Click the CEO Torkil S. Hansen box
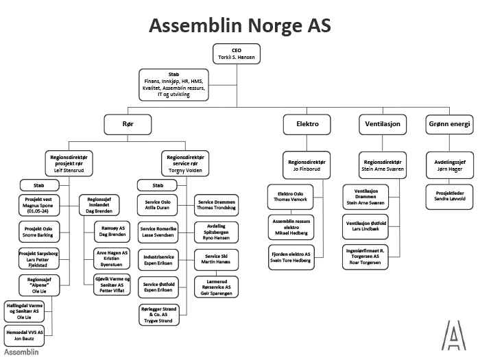click(237, 54)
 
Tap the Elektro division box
click(306, 124)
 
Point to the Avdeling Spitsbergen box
click(217, 231)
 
